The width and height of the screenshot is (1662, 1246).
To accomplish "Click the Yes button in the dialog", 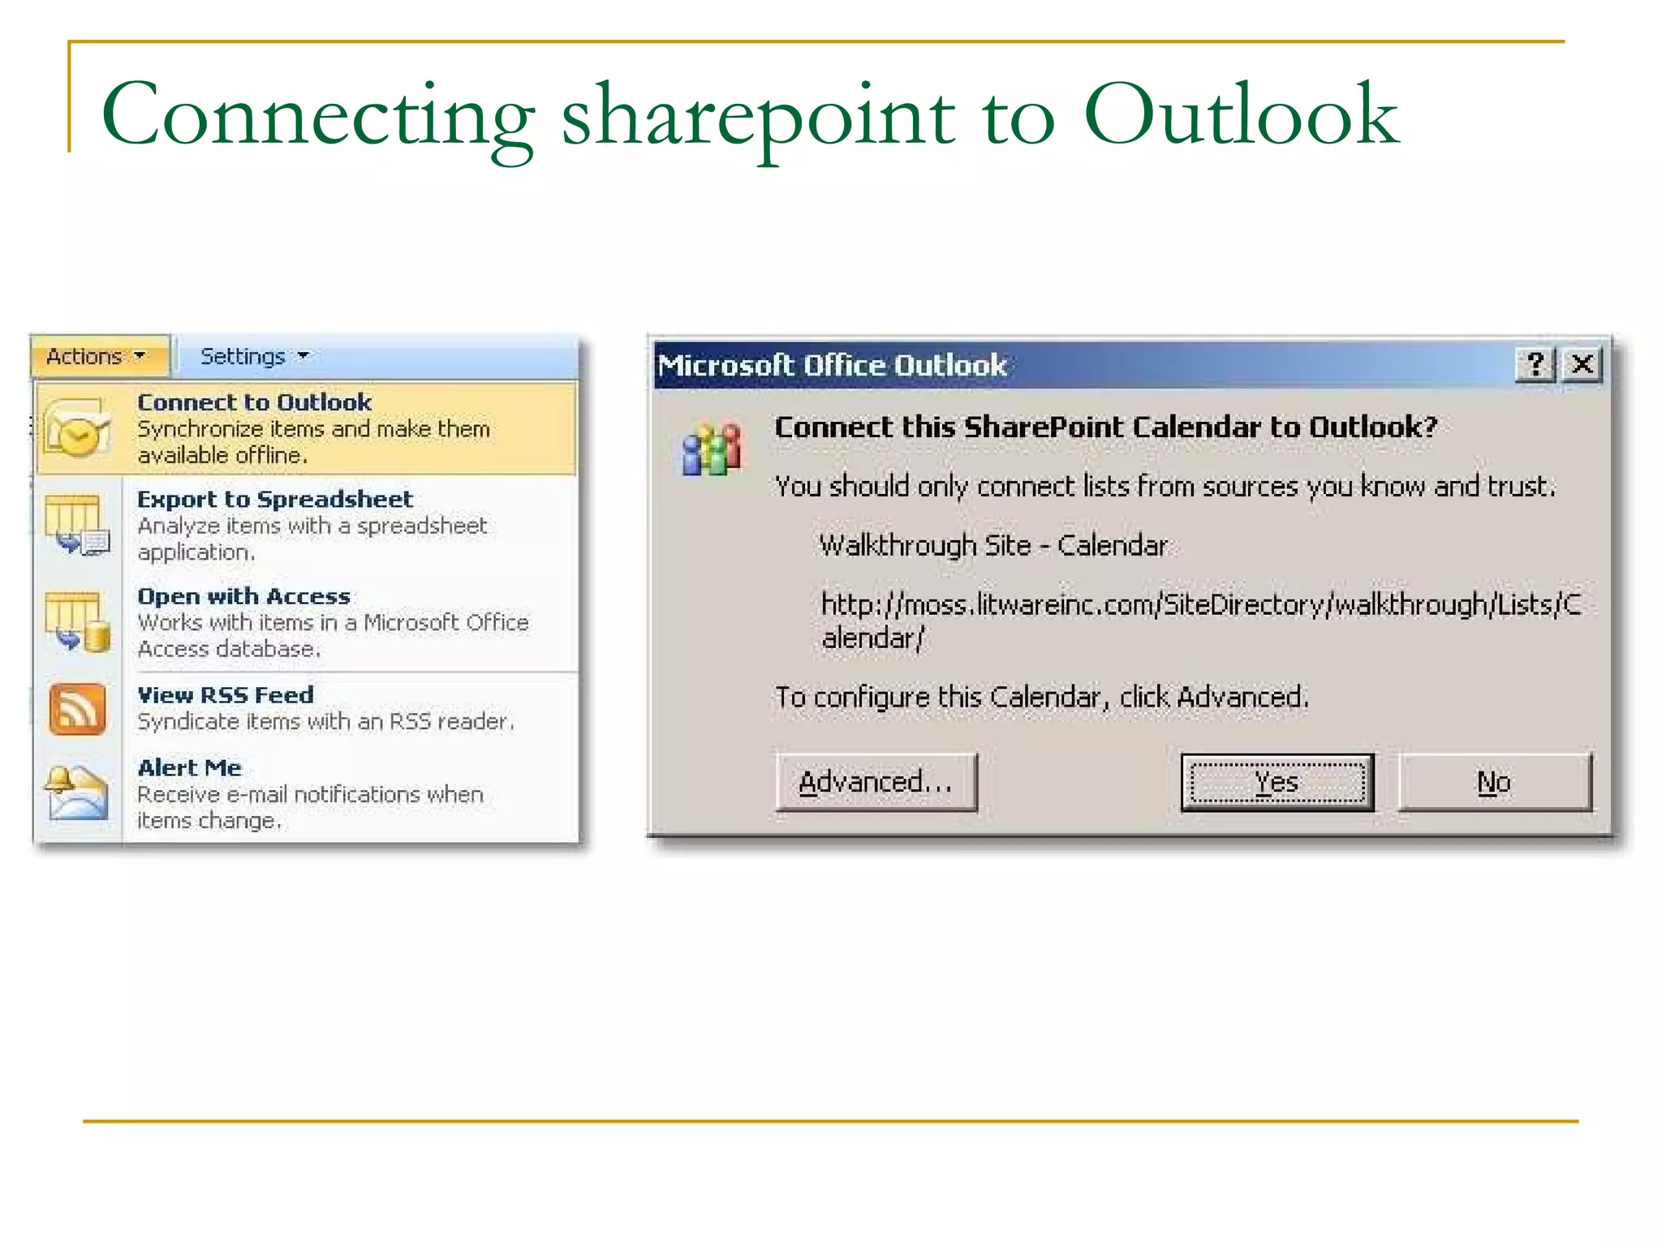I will [x=1277, y=782].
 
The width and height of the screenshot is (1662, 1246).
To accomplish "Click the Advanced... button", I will [x=876, y=782].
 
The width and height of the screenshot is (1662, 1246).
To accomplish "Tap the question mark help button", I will [x=1535, y=364].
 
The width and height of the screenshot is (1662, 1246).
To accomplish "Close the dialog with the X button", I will [x=1582, y=364].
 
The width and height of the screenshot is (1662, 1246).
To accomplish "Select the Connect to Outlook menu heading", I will [x=254, y=402].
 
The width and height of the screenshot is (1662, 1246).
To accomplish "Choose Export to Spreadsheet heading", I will [x=275, y=499].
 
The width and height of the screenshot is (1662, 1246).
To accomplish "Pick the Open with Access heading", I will [x=243, y=596].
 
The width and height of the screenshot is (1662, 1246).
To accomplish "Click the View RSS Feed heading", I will [x=226, y=695].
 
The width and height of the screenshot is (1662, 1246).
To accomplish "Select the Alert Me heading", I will [x=190, y=767].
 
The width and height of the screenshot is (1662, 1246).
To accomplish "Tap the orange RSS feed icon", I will [x=77, y=709].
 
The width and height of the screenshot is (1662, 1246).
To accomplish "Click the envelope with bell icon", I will [x=76, y=793].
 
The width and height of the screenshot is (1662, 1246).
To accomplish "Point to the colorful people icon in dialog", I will [x=712, y=449].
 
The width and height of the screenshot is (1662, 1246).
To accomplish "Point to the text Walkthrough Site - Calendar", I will [x=993, y=545].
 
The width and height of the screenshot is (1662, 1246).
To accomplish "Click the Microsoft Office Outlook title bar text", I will [x=832, y=365].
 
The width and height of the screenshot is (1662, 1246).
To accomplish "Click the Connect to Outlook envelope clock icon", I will [x=77, y=428].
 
